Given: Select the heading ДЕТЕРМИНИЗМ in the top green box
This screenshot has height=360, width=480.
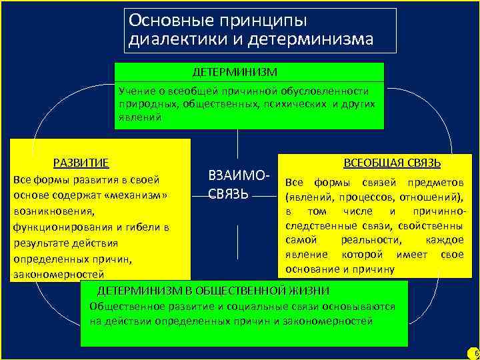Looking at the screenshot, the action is (235, 71).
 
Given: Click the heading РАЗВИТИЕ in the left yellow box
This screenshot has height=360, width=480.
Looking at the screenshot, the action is (81, 163).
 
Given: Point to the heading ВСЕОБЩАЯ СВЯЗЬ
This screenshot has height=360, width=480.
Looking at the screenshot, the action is (396, 163).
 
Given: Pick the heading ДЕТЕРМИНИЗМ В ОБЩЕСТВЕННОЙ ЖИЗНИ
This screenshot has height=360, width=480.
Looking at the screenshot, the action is (213, 291).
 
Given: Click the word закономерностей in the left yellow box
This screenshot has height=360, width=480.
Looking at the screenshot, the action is (59, 274).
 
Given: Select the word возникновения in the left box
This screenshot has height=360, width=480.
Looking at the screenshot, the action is (53, 212).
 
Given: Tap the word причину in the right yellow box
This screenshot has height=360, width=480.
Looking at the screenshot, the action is (373, 269).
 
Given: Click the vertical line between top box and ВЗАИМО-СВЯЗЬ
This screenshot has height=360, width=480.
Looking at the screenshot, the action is (237, 147).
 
